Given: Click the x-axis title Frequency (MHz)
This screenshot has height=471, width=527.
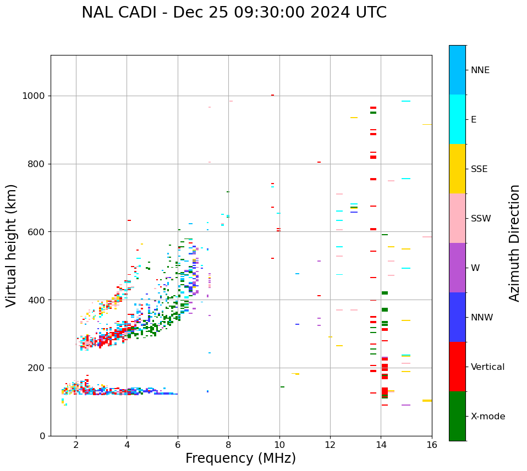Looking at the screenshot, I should point(240,458).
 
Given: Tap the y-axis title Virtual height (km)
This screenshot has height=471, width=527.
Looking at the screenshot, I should point(12,245).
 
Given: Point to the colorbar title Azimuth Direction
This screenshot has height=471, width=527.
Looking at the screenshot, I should point(514,243).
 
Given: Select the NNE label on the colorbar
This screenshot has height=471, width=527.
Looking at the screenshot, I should point(480,70).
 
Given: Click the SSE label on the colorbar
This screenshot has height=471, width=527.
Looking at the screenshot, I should point(479,169).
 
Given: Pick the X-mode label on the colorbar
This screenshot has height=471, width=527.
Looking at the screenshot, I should point(487,417).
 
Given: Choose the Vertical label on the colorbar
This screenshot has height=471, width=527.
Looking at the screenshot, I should point(487,367).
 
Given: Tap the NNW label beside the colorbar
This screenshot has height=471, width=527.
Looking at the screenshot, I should point(482,318).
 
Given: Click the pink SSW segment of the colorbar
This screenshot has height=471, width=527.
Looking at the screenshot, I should point(457,218).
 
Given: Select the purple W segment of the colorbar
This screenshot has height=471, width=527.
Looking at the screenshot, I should point(457,268).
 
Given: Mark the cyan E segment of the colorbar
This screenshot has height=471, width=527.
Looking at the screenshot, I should point(457,119).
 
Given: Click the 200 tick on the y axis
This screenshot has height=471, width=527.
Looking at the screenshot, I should point(37,368).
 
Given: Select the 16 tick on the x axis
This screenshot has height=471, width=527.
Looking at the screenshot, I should point(432,445).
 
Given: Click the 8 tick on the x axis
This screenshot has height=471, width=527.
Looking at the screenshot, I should point(228,445).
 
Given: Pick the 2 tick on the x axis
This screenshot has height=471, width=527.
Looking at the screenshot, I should point(76,445).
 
